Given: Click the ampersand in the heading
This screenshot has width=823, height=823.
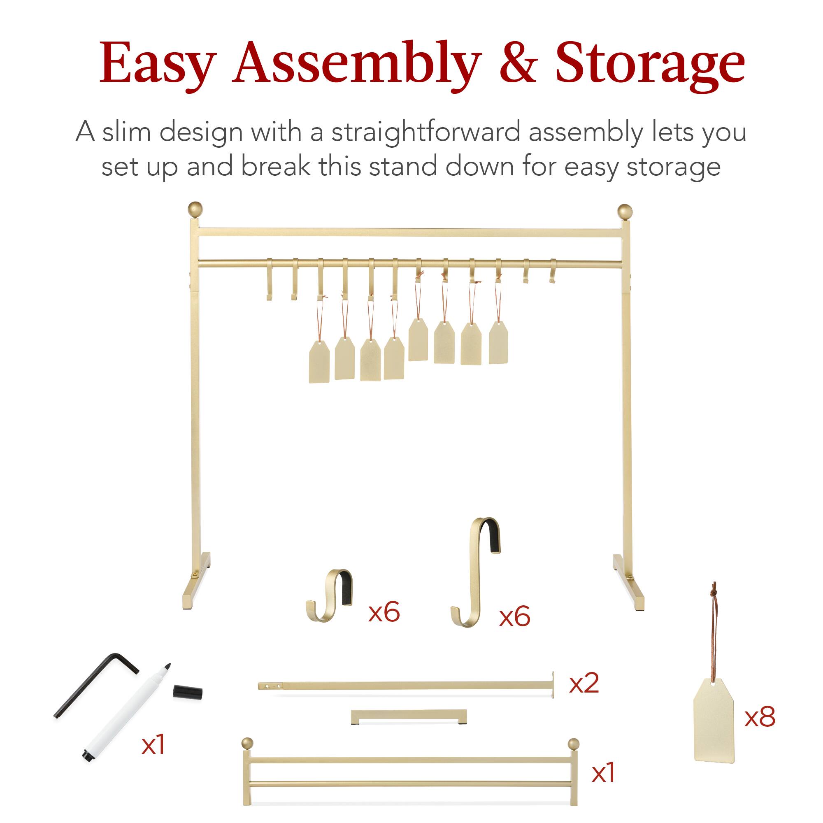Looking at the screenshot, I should [x=518, y=63].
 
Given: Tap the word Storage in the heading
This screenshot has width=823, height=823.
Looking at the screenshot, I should [x=651, y=63].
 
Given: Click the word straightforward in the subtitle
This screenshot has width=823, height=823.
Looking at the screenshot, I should [x=425, y=132].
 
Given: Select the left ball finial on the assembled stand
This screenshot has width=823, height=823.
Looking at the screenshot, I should [x=195, y=209].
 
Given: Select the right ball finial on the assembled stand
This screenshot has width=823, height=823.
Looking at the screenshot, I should [x=625, y=211].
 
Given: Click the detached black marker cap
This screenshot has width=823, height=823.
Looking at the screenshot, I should [x=187, y=692].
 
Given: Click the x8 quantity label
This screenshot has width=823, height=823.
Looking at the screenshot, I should [x=760, y=717].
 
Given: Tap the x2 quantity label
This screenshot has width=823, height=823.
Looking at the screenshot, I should [x=584, y=683].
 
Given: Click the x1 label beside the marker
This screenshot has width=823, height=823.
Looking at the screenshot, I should [x=153, y=745].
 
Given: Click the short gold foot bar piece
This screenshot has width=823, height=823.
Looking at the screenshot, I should [x=409, y=716].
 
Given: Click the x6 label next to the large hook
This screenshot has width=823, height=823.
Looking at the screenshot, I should [x=515, y=616].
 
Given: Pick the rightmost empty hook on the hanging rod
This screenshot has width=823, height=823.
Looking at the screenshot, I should [x=553, y=271].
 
